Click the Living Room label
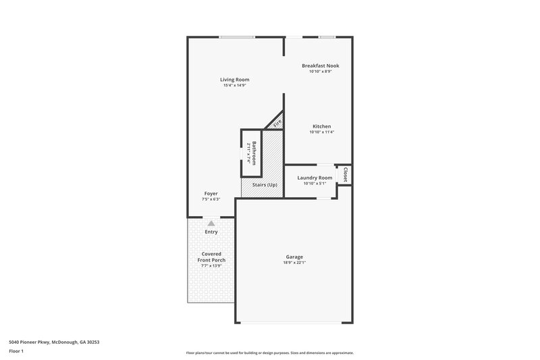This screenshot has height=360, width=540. click(x=234, y=80)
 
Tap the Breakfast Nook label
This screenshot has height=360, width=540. click(x=320, y=66)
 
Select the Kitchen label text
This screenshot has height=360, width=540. click(x=321, y=126)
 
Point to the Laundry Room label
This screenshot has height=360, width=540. click(x=315, y=178)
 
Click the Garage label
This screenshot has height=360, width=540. click(x=294, y=257)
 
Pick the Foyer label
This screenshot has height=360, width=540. click(x=211, y=194)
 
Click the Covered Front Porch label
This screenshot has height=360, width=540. click(x=211, y=257)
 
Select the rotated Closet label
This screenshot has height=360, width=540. click(x=345, y=174)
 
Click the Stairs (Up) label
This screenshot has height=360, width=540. click(x=263, y=185)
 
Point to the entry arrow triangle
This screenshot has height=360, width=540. click(x=211, y=222)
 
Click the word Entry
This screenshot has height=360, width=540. click(x=211, y=232)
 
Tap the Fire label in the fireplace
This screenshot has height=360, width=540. click(x=276, y=123)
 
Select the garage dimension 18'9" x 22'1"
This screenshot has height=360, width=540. click(x=294, y=263)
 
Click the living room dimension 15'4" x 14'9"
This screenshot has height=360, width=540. click(x=234, y=85)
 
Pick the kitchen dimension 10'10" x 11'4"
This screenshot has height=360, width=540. click(x=321, y=132)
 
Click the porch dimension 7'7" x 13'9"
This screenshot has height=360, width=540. click(x=211, y=266)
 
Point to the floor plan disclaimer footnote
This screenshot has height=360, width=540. click(x=269, y=353)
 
